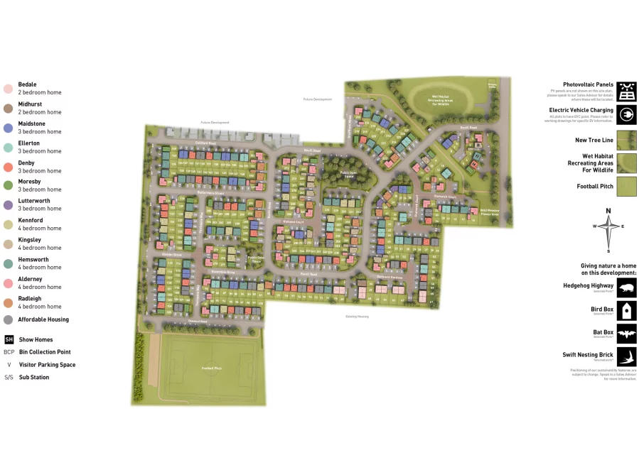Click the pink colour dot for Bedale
point(8,89)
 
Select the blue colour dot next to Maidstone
point(8,128)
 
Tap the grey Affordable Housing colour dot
point(8,319)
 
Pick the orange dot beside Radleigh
point(8,302)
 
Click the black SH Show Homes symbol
point(9,339)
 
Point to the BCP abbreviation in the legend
point(9,352)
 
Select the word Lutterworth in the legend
point(33,201)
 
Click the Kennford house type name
point(31,220)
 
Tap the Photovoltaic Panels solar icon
point(626,92)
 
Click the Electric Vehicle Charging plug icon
point(626,114)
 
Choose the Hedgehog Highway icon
point(626,287)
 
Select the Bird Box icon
point(626,310)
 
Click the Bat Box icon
point(626,334)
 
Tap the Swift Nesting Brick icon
point(626,356)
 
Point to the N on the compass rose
point(608,211)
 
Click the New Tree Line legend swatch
point(626,140)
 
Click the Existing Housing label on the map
point(357,317)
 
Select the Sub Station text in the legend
point(34,378)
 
